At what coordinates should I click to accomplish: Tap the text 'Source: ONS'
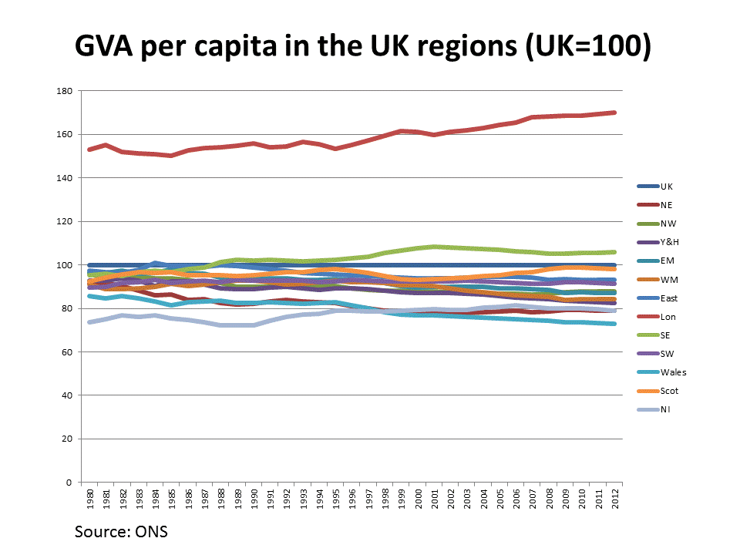click(x=121, y=532)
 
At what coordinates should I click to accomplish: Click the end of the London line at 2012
click(x=614, y=113)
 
